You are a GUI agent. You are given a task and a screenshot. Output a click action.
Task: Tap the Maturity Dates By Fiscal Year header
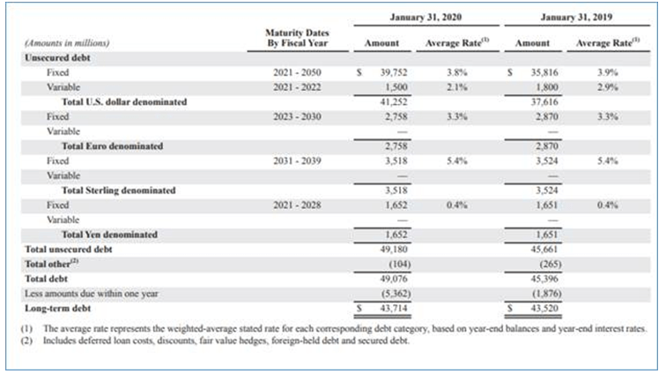coord(295,37)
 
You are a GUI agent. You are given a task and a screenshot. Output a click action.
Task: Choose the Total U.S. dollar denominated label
coord(124,101)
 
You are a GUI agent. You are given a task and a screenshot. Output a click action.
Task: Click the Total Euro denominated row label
coord(111,146)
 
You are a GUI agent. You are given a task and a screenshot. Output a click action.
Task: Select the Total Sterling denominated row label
coord(118,190)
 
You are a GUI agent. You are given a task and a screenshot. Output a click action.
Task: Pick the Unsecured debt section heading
coord(53,56)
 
